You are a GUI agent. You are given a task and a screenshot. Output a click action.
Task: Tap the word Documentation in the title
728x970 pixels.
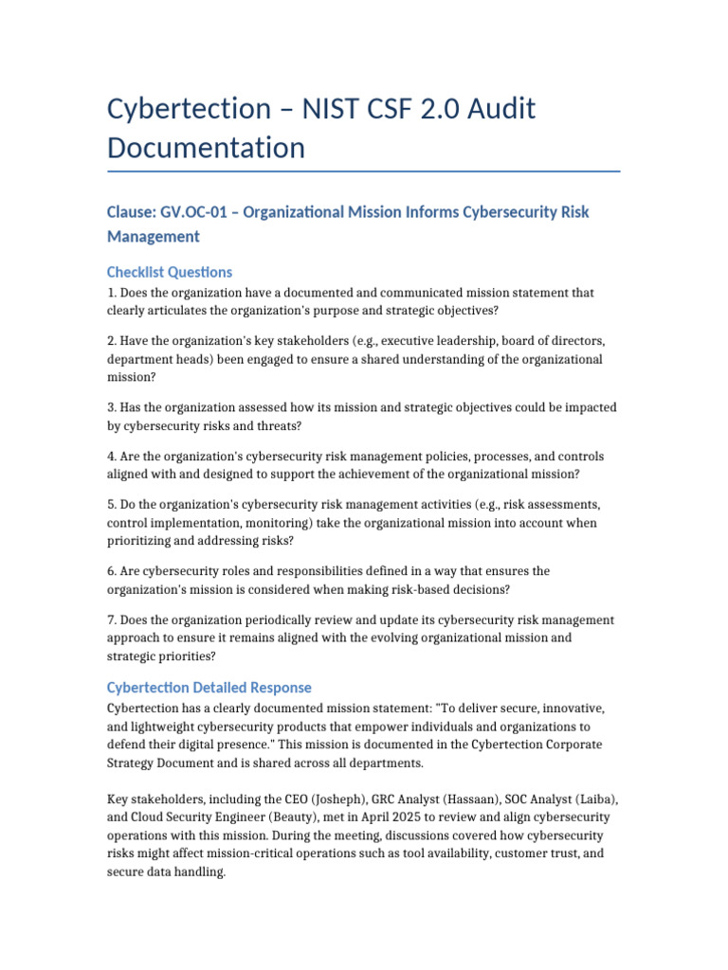click(x=206, y=148)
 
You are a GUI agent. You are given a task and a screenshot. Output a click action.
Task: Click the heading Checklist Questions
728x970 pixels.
click(x=170, y=272)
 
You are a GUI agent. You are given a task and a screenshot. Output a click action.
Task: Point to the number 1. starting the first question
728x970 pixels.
click(x=112, y=293)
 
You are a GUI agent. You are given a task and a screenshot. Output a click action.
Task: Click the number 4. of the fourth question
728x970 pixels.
click(x=112, y=456)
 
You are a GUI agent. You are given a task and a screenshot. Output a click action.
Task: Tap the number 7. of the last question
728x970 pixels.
click(x=112, y=620)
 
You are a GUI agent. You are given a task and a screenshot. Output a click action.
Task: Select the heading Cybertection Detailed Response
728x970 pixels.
click(x=209, y=687)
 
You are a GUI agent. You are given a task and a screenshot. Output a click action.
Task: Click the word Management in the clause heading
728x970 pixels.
click(x=153, y=236)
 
